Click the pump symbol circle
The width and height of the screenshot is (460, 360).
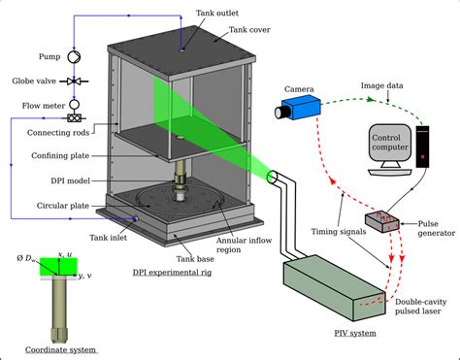(74, 57)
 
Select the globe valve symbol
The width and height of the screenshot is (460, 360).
(74, 82)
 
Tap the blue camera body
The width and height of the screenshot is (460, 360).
(302, 107)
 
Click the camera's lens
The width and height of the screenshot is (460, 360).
(280, 113)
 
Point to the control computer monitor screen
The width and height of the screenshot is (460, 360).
(390, 143)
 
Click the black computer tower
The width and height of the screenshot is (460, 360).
(422, 147)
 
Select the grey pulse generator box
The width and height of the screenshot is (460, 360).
(382, 221)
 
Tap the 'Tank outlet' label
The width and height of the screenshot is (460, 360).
(217, 13)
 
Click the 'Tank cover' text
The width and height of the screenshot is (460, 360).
(249, 30)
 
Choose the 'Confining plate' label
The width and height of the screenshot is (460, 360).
(60, 155)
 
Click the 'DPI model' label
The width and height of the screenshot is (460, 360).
(70, 180)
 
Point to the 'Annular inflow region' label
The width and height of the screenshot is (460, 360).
(244, 245)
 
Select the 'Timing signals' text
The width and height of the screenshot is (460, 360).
(339, 232)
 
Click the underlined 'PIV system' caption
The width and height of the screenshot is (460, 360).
(355, 333)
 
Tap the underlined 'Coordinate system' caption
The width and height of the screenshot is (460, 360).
(61, 350)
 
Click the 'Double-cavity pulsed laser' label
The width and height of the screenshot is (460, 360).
(421, 307)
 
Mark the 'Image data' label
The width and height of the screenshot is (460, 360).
(381, 85)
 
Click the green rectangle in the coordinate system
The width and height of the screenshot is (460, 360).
(58, 266)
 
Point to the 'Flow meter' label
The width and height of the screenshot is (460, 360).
(44, 106)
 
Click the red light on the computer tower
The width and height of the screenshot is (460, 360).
(422, 157)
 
